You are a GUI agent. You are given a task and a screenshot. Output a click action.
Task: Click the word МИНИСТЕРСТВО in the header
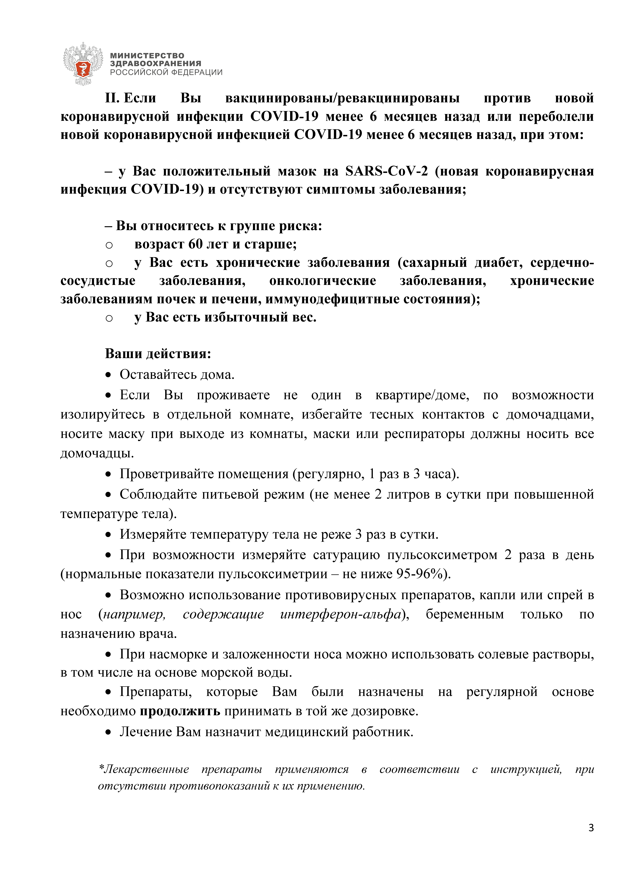(x=147, y=56)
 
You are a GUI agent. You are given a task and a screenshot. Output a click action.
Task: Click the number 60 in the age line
(x=195, y=244)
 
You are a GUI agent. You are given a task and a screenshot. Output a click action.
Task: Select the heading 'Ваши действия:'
(x=158, y=353)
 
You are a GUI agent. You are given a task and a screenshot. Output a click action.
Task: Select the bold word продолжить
(x=180, y=711)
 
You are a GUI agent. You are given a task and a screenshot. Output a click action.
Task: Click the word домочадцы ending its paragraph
(x=97, y=453)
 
